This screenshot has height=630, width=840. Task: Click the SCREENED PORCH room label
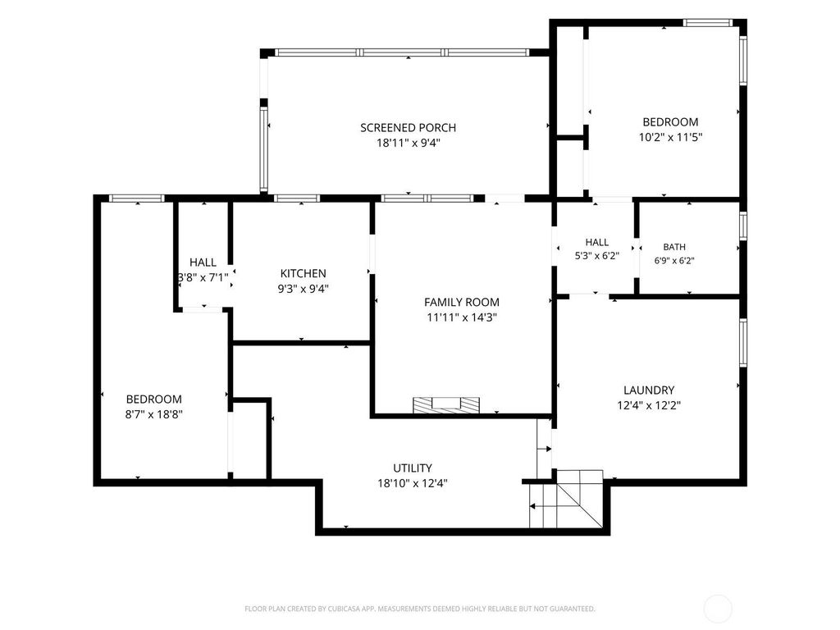pyautogui.click(x=409, y=127)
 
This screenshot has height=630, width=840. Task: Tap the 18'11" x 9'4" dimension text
pyautogui.click(x=409, y=143)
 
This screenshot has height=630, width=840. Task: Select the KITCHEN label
pyautogui.click(x=303, y=273)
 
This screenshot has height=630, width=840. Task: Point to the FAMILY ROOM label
pyautogui.click(x=462, y=302)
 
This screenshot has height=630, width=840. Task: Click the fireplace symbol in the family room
pyautogui.click(x=446, y=404)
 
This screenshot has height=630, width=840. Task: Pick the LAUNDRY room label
pyautogui.click(x=649, y=390)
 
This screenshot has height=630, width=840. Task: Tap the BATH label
pyautogui.click(x=674, y=247)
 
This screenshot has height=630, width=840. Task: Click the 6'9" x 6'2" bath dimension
pyautogui.click(x=674, y=261)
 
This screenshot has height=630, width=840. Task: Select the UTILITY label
pyautogui.click(x=413, y=468)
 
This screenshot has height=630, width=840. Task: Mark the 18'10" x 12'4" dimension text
pyautogui.click(x=413, y=483)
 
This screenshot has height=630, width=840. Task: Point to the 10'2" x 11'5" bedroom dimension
pyautogui.click(x=670, y=137)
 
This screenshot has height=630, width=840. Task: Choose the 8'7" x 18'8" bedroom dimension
pyautogui.click(x=153, y=414)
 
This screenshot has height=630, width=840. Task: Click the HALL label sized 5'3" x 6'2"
pyautogui.click(x=597, y=242)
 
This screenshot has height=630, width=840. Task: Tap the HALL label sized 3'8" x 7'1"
pyautogui.click(x=203, y=262)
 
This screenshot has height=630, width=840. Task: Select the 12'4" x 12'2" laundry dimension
pyautogui.click(x=649, y=405)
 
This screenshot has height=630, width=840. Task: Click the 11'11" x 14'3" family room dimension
pyautogui.click(x=462, y=317)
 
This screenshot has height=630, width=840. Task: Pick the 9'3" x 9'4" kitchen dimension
pyautogui.click(x=303, y=289)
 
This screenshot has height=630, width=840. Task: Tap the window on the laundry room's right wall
pyautogui.click(x=743, y=342)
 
